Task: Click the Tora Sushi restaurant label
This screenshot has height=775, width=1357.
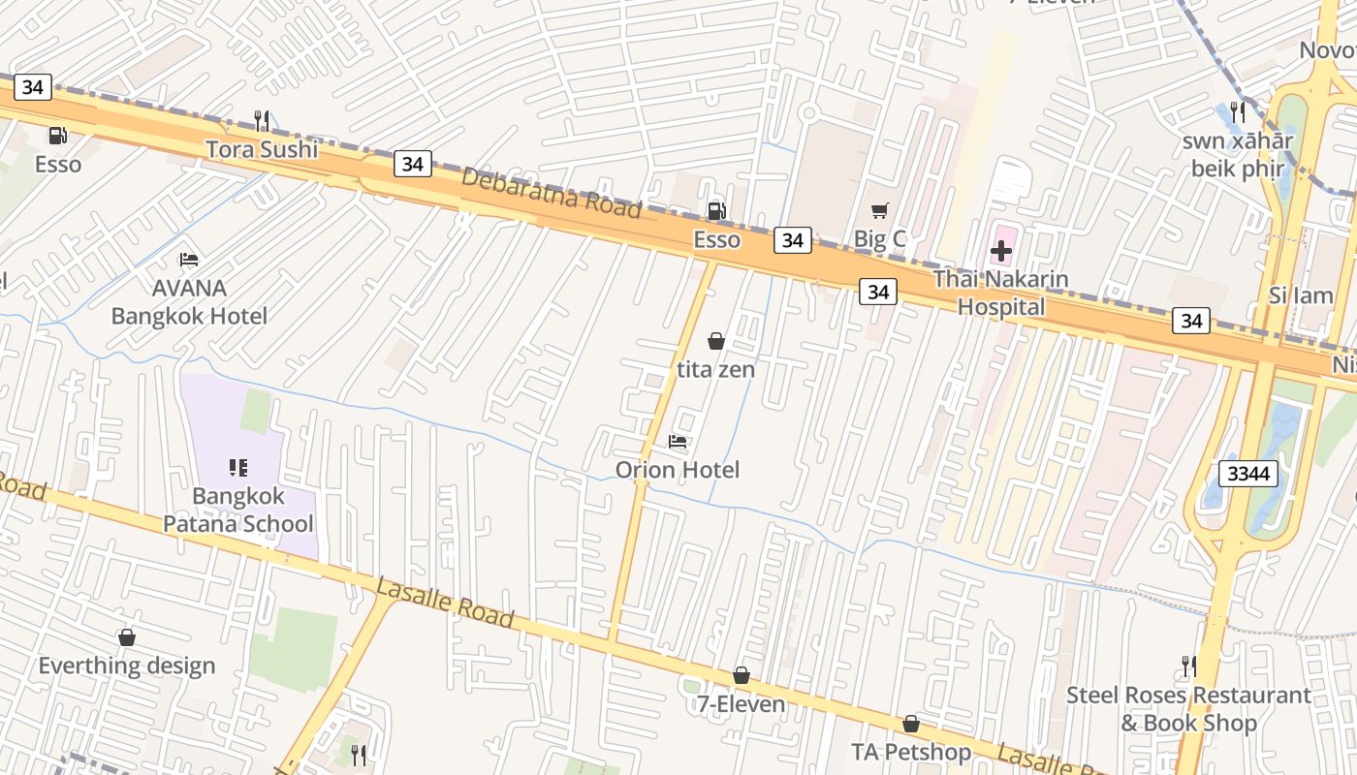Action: (262, 149)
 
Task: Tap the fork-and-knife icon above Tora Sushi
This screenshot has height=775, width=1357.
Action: (261, 120)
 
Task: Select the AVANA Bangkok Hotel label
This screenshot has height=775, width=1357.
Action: (189, 301)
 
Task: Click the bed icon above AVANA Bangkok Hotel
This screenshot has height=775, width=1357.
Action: (189, 260)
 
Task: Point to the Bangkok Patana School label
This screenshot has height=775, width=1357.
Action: (238, 510)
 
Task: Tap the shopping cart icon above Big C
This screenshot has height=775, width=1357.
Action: (879, 210)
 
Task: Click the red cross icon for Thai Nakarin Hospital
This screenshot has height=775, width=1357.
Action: (1001, 251)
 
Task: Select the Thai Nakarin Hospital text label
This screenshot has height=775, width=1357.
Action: (1001, 294)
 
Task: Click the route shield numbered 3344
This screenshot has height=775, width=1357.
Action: (1248, 474)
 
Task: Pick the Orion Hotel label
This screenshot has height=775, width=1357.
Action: (678, 470)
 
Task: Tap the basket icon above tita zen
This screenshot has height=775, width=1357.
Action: (715, 341)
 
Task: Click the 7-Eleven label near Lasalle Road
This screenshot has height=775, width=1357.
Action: (741, 704)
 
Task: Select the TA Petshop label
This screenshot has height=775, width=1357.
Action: (910, 752)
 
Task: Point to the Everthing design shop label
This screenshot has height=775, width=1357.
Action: (126, 666)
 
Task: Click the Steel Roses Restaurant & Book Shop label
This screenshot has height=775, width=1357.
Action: (1188, 709)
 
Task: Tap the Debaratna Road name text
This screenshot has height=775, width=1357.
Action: (551, 193)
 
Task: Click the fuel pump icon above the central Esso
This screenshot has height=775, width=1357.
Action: (715, 210)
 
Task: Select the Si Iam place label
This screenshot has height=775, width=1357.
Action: (1300, 295)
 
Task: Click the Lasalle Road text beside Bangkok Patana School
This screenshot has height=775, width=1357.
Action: (444, 601)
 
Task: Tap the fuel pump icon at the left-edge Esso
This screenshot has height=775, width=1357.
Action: (58, 136)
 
